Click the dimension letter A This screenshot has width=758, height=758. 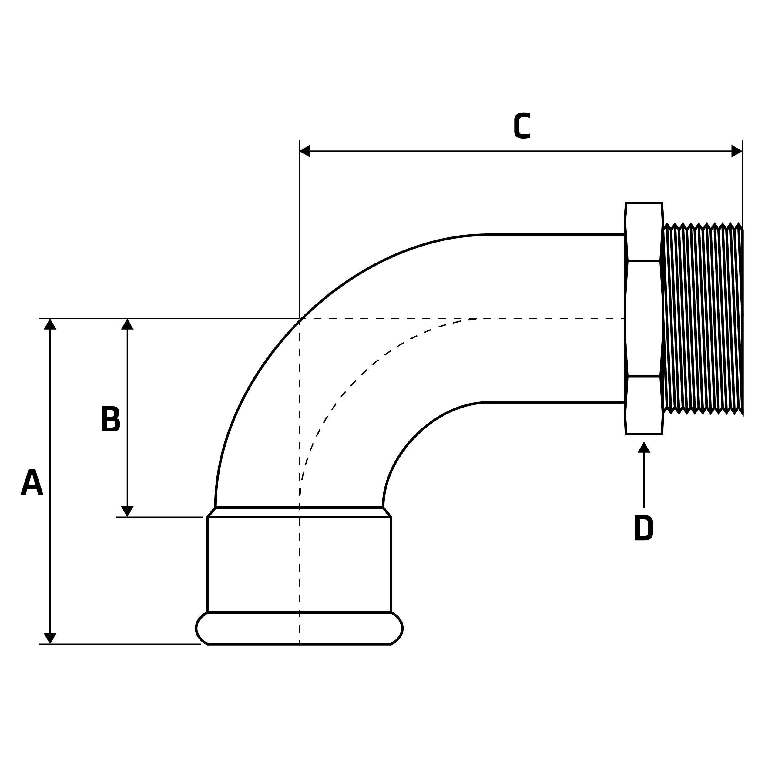pyautogui.click(x=32, y=482)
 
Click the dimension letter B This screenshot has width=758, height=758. pyautogui.click(x=110, y=419)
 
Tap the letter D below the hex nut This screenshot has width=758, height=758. pyautogui.click(x=643, y=528)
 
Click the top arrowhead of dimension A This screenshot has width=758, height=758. pyautogui.click(x=50, y=324)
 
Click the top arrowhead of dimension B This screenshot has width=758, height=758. pyautogui.click(x=127, y=324)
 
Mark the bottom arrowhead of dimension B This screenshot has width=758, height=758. pyautogui.click(x=127, y=511)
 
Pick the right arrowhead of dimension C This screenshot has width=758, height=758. pyautogui.click(x=736, y=151)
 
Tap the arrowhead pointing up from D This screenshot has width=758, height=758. pyautogui.click(x=644, y=448)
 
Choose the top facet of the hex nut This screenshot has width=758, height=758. pyautogui.click(x=644, y=231)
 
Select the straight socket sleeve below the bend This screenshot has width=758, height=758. pyautogui.click(x=299, y=565)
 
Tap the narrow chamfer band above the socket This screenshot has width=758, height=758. pyautogui.click(x=299, y=512)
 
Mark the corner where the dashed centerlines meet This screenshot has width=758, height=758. pyautogui.click(x=299, y=319)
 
